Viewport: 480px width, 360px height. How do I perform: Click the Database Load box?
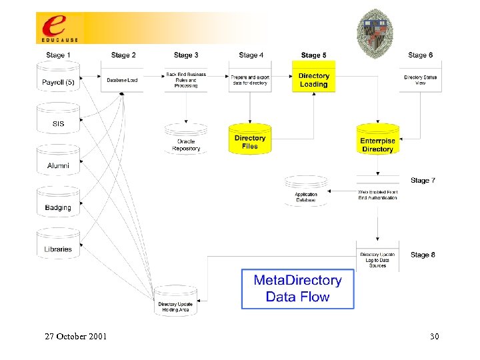[122, 79]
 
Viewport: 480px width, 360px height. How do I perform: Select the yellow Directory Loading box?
[313, 79]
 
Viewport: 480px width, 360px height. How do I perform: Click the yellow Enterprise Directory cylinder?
[377, 141]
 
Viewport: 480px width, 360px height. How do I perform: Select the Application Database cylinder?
[306, 192]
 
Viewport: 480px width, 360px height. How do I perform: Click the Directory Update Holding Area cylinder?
[175, 302]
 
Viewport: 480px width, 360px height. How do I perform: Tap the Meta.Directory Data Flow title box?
[297, 289]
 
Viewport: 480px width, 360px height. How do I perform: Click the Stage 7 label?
[423, 180]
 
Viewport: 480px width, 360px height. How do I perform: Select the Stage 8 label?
[423, 255]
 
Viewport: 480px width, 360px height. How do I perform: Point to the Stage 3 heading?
[186, 55]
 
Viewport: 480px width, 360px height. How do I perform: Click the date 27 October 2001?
[75, 336]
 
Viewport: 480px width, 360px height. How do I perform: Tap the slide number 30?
[434, 336]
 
